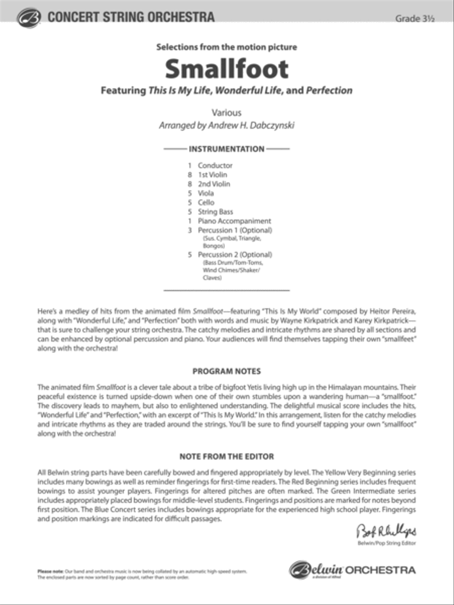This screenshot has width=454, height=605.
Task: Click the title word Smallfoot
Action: (x=226, y=69)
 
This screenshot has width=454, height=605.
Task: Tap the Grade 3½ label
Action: (x=415, y=18)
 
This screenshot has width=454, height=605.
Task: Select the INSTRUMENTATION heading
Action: (x=226, y=149)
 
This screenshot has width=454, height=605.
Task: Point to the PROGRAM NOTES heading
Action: (x=226, y=371)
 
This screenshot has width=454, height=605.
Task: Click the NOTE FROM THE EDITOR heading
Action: (x=226, y=457)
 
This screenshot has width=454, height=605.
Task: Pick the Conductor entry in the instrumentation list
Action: (x=215, y=165)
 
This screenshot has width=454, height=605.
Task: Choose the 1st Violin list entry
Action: (x=212, y=174)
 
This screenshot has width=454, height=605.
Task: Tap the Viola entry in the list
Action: (x=206, y=193)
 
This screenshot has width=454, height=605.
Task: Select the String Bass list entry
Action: (x=215, y=212)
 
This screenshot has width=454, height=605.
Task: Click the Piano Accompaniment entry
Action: (x=234, y=221)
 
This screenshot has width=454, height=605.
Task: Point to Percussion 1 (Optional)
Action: (x=235, y=230)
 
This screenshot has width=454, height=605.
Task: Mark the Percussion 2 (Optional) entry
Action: (x=235, y=255)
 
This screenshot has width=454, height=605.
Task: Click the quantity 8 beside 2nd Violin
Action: (x=190, y=184)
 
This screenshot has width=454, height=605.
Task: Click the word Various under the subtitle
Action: (x=226, y=113)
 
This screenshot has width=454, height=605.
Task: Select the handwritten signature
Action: (x=386, y=531)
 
